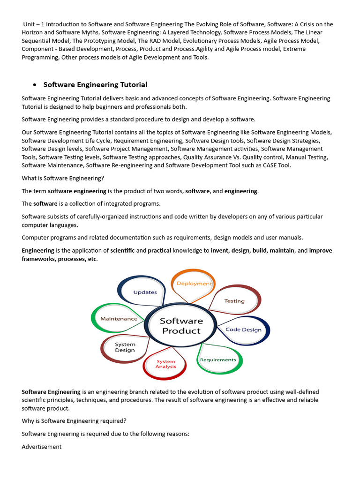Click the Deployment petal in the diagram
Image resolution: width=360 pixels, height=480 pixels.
point(194,284)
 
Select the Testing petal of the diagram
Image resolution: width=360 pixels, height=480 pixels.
point(234,301)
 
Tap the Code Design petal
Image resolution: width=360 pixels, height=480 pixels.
point(244,330)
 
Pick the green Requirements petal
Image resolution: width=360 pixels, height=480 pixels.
point(218,360)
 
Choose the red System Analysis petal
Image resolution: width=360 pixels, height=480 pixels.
point(166,364)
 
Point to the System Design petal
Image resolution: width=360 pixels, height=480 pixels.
point(125,347)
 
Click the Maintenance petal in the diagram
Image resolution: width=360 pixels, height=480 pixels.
point(119,319)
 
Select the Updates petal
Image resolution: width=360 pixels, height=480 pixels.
point(145,292)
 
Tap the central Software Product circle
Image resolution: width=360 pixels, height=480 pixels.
point(181,326)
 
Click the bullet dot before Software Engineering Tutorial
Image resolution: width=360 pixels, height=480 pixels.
point(35,85)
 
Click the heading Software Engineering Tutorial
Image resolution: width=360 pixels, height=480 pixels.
point(95,85)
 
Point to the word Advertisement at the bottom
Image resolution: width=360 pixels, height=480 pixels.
point(42,447)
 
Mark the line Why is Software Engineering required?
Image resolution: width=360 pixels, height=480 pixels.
point(74,421)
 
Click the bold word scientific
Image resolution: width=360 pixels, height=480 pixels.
point(122,251)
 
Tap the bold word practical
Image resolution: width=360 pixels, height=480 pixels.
point(159,251)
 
